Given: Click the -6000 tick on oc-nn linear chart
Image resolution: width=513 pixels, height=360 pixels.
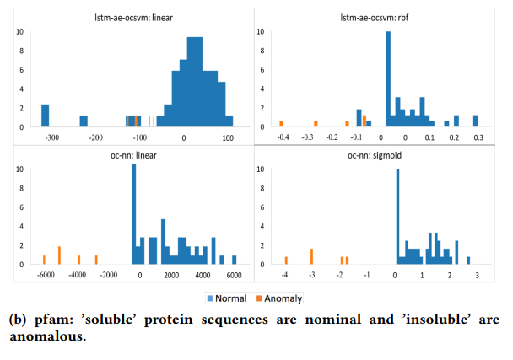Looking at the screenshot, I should point(45,275).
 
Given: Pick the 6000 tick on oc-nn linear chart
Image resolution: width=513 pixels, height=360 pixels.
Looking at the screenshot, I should point(234,275).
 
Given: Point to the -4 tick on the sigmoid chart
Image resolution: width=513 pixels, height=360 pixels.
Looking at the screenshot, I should point(285,275).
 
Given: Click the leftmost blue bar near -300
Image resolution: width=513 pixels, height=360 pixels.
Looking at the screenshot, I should point(46,116).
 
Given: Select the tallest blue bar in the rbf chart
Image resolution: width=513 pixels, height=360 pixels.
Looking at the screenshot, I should point(388,80).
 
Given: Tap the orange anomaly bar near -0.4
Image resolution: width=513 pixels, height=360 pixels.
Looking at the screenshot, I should point(282,124).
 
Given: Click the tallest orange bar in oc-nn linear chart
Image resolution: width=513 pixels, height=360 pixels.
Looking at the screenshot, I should point(60,255).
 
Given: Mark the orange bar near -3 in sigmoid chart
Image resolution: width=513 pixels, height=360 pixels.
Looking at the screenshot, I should point(312,256).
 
